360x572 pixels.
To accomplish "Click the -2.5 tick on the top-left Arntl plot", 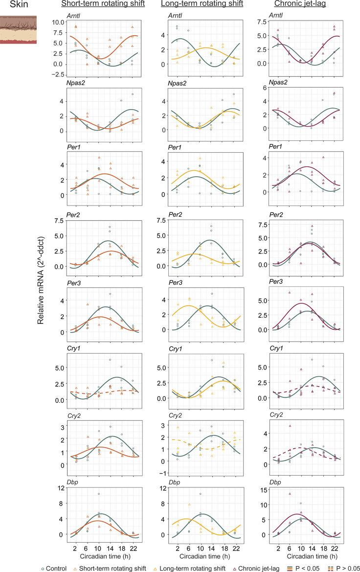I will [58, 74].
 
